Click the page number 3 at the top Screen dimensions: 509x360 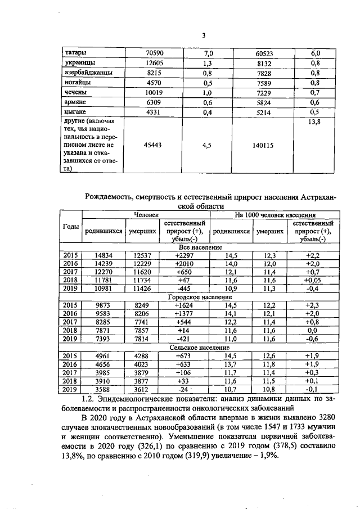point(205,36)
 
